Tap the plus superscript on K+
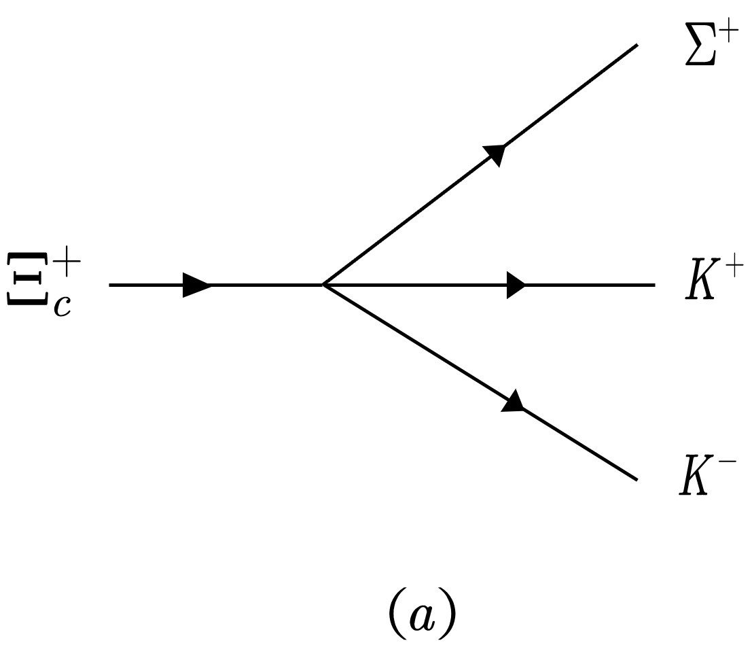(732, 271)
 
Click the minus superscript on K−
(728, 465)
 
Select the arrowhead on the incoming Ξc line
(197, 285)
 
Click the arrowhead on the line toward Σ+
(495, 154)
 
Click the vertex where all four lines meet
(323, 285)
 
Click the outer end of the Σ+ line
(637, 45)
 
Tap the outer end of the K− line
(637, 480)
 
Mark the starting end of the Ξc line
(110, 285)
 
